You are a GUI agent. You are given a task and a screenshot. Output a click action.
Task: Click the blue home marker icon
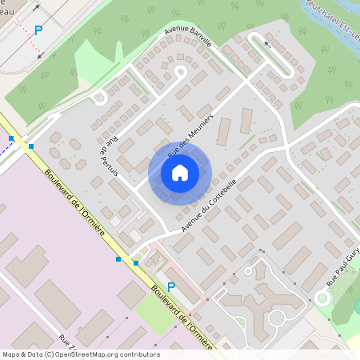point(179,172)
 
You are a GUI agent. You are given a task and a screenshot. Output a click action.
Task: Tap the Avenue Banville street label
point(188,37)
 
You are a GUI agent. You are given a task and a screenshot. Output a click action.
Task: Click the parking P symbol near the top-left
point(38,30)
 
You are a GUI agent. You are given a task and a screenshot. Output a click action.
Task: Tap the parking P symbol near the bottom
point(170,287)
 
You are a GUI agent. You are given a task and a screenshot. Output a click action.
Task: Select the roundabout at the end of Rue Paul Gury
point(323,298)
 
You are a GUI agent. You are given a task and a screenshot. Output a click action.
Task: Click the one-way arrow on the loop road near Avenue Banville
point(266,43)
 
